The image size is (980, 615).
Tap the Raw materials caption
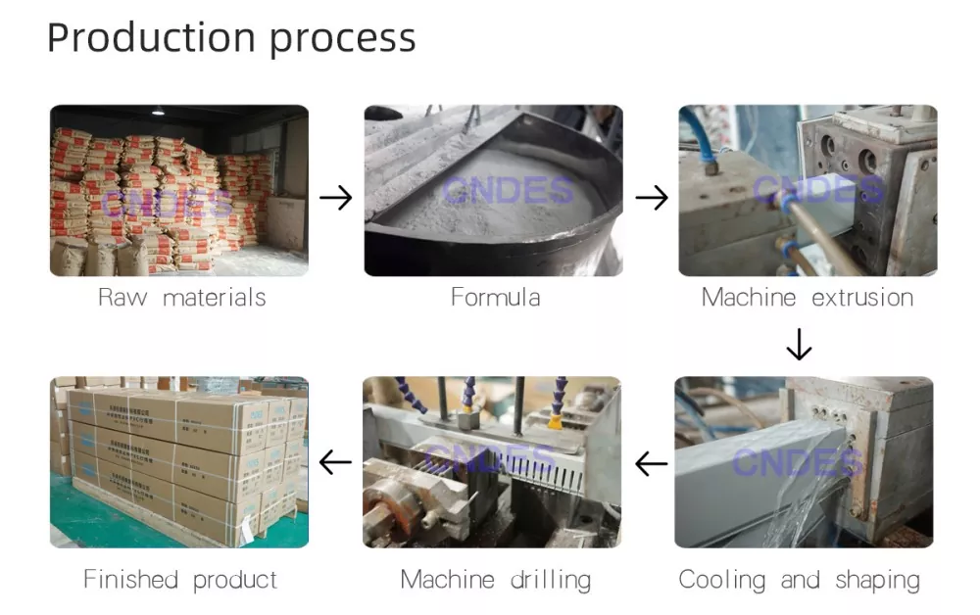[181, 297]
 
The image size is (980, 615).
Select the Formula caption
[495, 297]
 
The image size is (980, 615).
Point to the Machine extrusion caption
[808, 297]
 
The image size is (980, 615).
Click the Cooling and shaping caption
[800, 580]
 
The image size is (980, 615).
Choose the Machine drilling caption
[495, 580]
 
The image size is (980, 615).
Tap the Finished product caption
[180, 580]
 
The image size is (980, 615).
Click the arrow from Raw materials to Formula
[336, 198]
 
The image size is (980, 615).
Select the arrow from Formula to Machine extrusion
[652, 198]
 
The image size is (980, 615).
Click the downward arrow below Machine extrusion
[800, 345]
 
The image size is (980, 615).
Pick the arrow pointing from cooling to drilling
[651, 463]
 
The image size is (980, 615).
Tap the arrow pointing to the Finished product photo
[336, 462]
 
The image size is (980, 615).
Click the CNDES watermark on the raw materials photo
[167, 205]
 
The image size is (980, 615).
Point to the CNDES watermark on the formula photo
[494, 189]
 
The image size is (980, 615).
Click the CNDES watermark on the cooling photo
[799, 461]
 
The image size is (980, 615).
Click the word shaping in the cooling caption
[878, 580]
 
